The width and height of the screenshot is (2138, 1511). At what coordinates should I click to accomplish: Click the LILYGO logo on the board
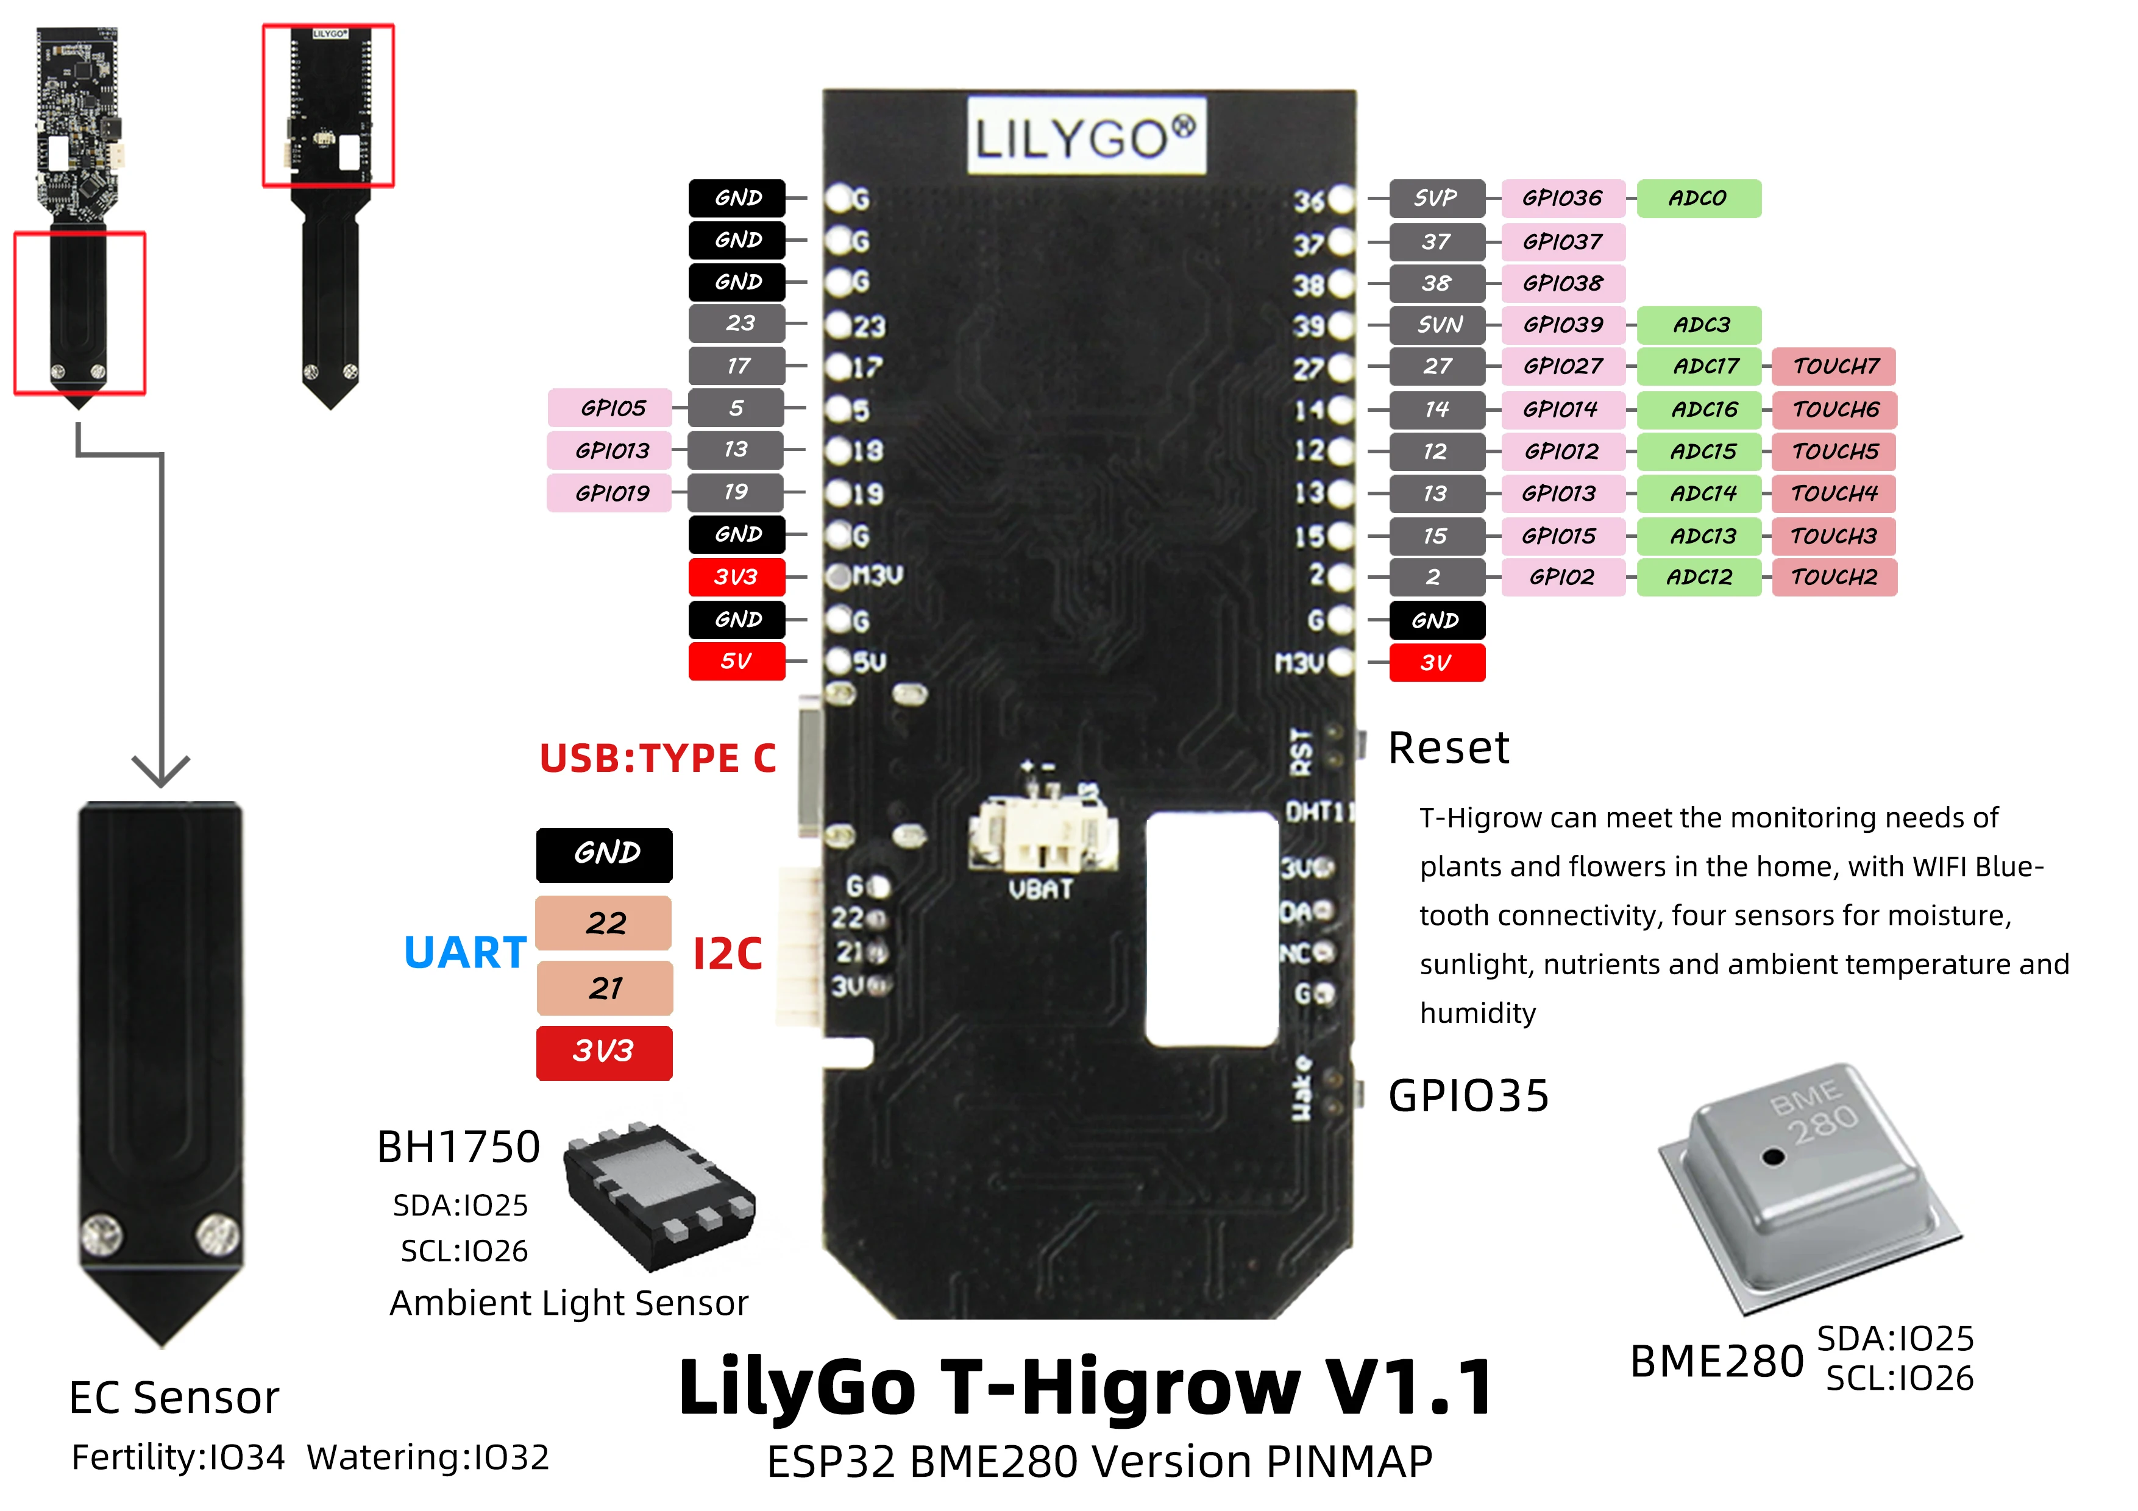pyautogui.click(x=1086, y=137)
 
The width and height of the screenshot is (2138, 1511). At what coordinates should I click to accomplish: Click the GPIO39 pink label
pyautogui.click(x=1563, y=325)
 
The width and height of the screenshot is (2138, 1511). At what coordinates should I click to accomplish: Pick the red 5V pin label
pyautogui.click(x=737, y=662)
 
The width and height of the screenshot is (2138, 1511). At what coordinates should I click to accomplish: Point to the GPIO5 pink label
pyautogui.click(x=611, y=408)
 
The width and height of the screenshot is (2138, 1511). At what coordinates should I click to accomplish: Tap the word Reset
pyautogui.click(x=1448, y=748)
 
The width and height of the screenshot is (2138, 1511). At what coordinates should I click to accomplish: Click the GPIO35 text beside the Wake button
pyautogui.click(x=1468, y=1095)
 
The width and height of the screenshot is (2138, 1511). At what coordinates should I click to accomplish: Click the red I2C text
pyautogui.click(x=727, y=954)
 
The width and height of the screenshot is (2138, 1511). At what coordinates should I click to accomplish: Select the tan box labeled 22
pyautogui.click(x=605, y=922)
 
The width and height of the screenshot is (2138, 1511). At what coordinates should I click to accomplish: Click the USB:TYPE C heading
pyautogui.click(x=658, y=759)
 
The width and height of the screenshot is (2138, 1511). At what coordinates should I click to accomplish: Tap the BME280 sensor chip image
pyautogui.click(x=1806, y=1183)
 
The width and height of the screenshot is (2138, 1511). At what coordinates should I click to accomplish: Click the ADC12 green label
pyautogui.click(x=1699, y=577)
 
